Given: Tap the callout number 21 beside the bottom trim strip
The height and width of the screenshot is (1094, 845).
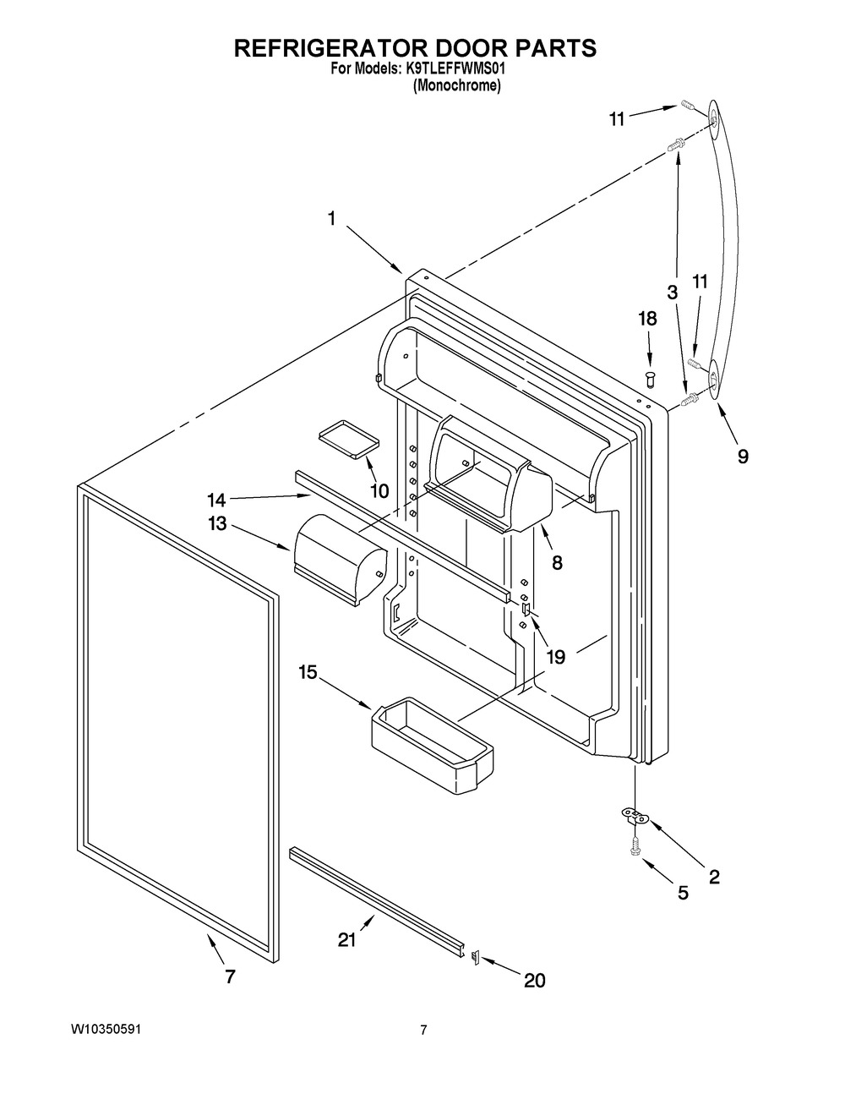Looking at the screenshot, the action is (346, 940).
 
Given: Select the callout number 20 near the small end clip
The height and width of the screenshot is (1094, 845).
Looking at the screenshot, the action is (534, 980).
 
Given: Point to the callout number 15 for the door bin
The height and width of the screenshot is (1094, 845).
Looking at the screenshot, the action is (308, 672).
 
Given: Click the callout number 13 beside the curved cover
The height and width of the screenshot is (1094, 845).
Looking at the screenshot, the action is (217, 524).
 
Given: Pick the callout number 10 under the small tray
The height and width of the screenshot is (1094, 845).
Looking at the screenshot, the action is (379, 490).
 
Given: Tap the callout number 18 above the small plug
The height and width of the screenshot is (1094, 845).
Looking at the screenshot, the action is (648, 319).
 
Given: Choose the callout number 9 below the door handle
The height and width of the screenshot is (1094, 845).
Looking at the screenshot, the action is (743, 457).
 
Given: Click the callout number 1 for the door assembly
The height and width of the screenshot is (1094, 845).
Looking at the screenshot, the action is (331, 218).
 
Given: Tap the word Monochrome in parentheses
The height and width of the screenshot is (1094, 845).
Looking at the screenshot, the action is (456, 86).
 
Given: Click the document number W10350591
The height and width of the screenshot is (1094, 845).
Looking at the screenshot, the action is (106, 1029).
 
